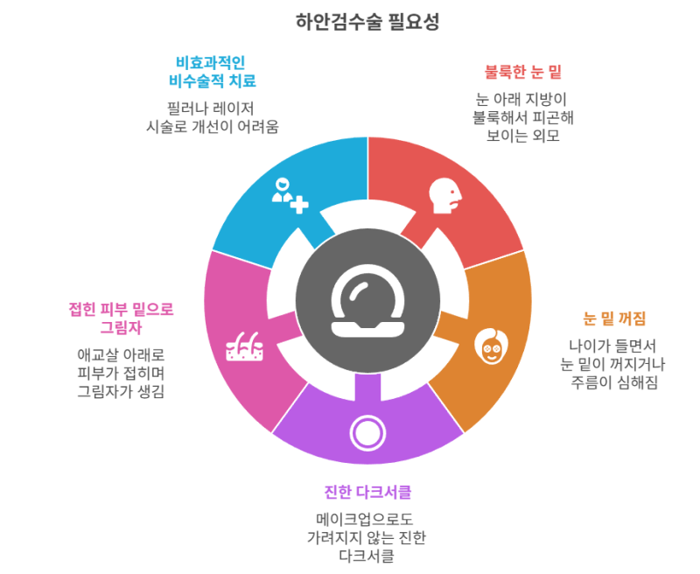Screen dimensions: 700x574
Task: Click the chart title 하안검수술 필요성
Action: [x=367, y=21]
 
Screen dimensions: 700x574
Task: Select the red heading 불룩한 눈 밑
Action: [x=522, y=72]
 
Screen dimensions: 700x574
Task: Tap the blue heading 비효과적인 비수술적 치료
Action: [x=212, y=72]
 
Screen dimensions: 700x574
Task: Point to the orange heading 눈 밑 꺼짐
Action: [x=614, y=318]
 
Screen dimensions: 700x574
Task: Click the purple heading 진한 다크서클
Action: [x=367, y=492]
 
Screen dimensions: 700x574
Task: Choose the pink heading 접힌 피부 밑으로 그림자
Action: [x=121, y=318]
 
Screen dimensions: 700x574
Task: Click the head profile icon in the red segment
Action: [x=445, y=195]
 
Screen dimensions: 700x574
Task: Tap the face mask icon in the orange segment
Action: [x=491, y=346]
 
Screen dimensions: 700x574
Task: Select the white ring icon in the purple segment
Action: [x=367, y=433]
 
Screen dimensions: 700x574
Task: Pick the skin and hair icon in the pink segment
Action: [x=245, y=346]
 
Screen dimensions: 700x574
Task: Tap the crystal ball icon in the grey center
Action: [x=367, y=300]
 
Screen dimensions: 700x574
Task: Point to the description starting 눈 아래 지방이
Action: [x=522, y=117]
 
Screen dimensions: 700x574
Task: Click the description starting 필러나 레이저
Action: [x=212, y=117]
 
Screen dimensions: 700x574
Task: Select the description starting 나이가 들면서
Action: [x=613, y=364]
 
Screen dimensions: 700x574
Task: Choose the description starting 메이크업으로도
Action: [x=367, y=537]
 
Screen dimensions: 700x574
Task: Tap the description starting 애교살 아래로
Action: [x=121, y=373]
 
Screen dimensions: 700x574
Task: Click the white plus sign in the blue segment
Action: [x=299, y=205]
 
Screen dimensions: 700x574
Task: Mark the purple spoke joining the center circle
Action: [x=367, y=387]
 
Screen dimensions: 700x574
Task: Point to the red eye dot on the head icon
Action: [x=452, y=192]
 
